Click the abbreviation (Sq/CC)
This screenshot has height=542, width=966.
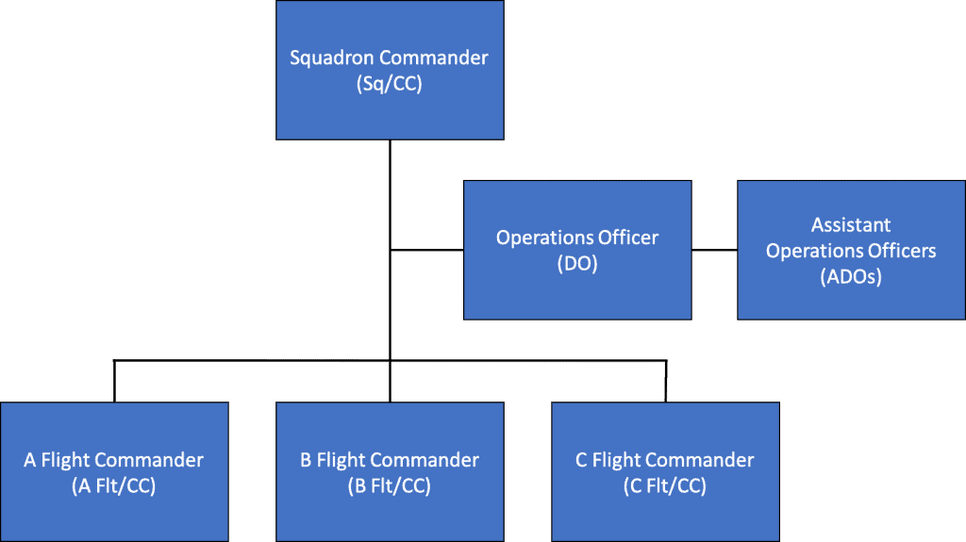(389, 83)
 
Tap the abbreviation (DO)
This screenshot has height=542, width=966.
(577, 264)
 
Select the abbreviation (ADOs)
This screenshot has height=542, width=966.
(851, 277)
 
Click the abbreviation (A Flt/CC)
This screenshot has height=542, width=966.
(113, 486)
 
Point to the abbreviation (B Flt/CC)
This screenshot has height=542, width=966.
(389, 486)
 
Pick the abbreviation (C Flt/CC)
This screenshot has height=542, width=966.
(665, 486)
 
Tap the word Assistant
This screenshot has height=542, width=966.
(851, 225)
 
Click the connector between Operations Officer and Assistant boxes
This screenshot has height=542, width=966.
(714, 251)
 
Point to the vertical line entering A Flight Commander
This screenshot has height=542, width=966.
(114, 382)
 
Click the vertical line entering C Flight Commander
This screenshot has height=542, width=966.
(665, 382)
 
